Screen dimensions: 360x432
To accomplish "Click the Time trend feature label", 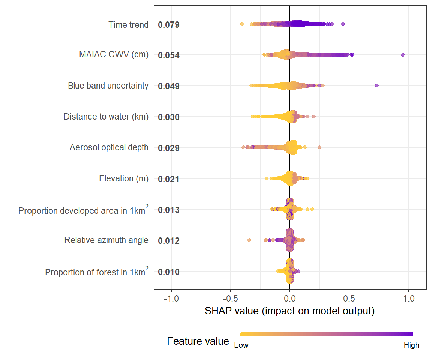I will [x=128, y=25].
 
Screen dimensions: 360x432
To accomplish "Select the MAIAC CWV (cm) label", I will [x=114, y=55].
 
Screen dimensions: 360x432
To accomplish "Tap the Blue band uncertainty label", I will [x=108, y=85].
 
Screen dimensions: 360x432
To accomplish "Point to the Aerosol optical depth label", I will [x=109, y=147].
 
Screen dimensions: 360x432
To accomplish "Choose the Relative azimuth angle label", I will [x=106, y=240].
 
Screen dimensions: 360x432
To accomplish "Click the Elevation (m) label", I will [x=124, y=178].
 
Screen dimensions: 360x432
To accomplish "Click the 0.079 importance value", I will [x=169, y=25].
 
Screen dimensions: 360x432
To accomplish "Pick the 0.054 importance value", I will [x=169, y=55].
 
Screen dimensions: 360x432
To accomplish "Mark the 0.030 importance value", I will [x=169, y=117].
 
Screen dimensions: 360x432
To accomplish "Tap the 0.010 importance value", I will [x=169, y=271].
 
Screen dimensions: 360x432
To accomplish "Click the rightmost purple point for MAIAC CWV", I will [x=403, y=55].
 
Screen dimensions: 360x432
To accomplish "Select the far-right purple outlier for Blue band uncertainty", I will [x=377, y=85].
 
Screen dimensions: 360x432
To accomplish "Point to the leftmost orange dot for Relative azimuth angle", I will [x=249, y=240].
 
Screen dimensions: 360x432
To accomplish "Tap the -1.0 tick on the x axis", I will [x=171, y=299].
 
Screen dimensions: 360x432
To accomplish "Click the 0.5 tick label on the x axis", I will [x=349, y=299].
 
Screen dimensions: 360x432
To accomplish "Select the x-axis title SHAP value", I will [x=289, y=311].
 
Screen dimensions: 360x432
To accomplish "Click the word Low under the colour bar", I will [x=241, y=345].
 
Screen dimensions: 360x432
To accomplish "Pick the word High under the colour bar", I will [x=411, y=345].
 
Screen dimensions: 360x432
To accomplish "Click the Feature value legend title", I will [x=198, y=341].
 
